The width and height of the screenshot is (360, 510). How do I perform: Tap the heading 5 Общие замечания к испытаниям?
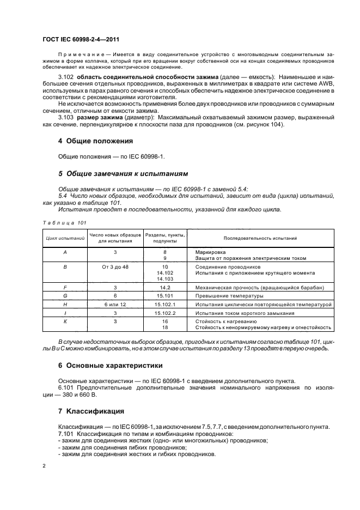click(x=123, y=174)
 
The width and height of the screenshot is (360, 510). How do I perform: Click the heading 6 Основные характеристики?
click(x=111, y=365)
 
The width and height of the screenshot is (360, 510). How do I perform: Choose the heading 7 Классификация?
click(x=91, y=411)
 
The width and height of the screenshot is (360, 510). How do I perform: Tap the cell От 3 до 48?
click(x=115, y=267)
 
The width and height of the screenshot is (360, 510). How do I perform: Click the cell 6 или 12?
click(x=115, y=305)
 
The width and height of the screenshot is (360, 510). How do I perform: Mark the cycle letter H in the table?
click(x=65, y=305)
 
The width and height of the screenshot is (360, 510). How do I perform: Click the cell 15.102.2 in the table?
click(x=162, y=313)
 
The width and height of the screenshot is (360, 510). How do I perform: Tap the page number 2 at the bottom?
click(x=44, y=466)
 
